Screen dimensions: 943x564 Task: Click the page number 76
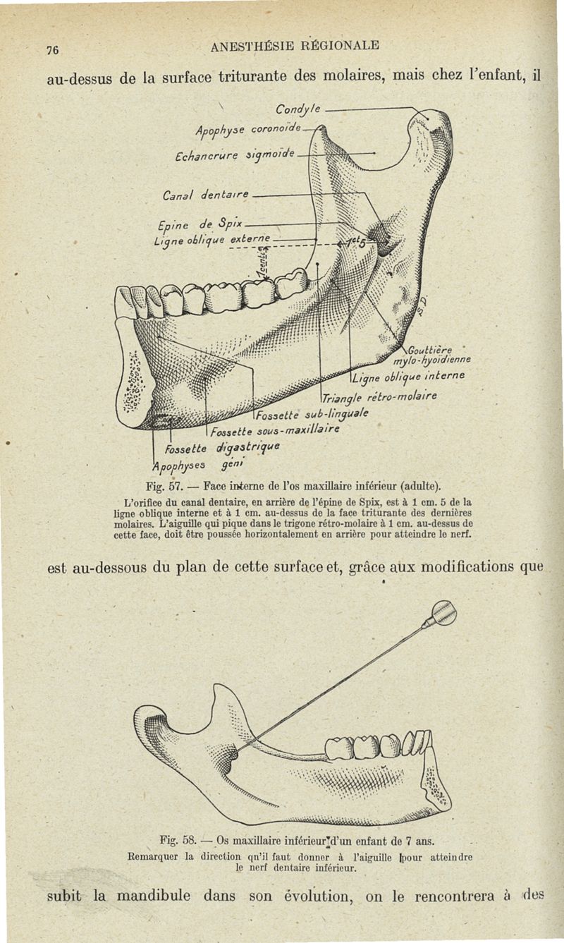click(x=51, y=49)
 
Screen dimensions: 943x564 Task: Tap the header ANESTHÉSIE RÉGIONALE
click(x=295, y=46)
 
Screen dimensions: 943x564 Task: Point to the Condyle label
click(x=298, y=109)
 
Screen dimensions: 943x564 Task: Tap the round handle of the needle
click(x=443, y=612)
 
